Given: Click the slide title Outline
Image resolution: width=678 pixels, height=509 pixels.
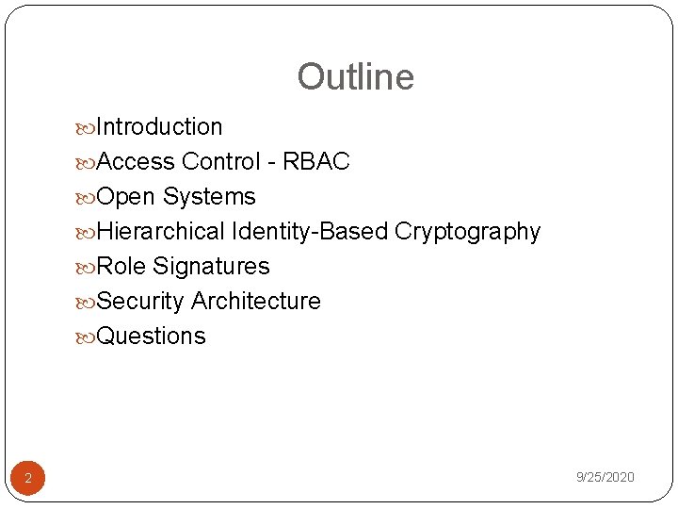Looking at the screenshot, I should tap(355, 77).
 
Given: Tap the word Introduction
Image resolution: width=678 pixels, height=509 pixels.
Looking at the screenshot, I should tap(159, 127).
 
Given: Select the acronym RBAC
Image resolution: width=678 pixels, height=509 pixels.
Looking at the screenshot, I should tap(315, 162).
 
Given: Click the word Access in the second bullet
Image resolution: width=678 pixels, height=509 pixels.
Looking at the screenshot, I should tap(136, 162).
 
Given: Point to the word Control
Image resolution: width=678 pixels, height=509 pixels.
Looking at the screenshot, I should tap(220, 162).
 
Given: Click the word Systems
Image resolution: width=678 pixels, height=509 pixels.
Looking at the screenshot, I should tap(209, 197).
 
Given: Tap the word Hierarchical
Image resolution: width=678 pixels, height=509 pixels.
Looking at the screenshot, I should tap(161, 232).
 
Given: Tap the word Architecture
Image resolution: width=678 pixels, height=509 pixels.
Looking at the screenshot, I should tap(255, 302).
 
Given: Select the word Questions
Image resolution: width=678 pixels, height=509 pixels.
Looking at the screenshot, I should tap(151, 337).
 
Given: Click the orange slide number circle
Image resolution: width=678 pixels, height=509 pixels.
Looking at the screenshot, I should tap(28, 478).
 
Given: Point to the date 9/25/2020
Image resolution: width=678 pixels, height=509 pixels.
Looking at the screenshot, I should tap(605, 478).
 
